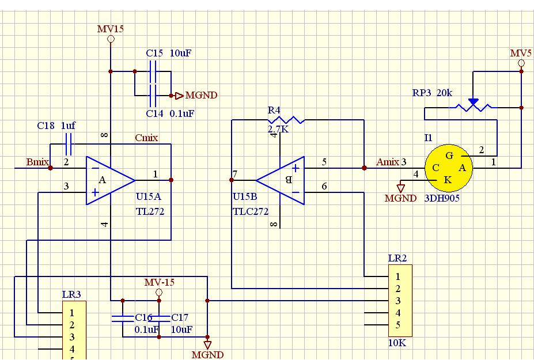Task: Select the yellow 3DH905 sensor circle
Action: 448,168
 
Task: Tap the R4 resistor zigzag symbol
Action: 286,120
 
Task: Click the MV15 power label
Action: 110,29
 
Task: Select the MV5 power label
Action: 521,53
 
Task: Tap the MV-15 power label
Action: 159,282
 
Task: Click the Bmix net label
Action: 37,162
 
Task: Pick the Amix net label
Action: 388,162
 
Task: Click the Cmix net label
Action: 146,138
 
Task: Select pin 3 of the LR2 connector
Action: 397,301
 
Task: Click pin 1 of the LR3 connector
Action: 72,313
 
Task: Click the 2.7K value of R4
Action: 278,130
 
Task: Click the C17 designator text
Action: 180,317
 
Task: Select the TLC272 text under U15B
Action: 251,211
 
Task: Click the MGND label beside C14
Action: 201,96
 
